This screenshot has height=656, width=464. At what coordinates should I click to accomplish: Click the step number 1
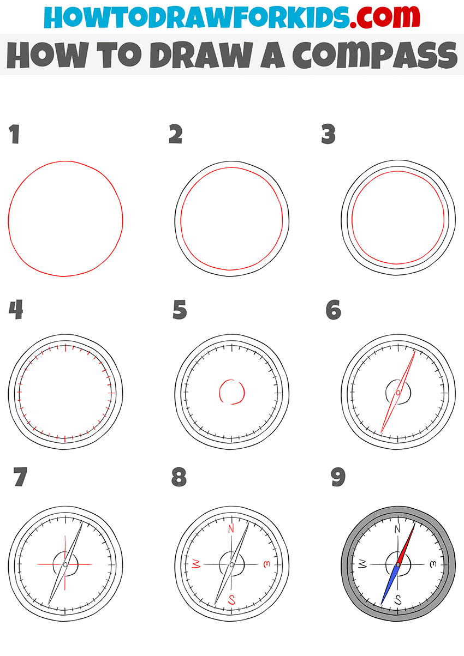(x=14, y=134)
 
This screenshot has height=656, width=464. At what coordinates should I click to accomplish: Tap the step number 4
(x=15, y=311)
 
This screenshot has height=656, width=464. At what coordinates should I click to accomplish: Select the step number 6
(x=334, y=311)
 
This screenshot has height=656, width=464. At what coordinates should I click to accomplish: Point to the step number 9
(x=338, y=478)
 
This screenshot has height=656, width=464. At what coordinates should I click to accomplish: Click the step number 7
(x=20, y=478)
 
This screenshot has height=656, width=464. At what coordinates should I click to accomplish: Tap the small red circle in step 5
(x=231, y=392)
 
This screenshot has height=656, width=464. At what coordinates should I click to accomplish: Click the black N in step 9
(x=398, y=528)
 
